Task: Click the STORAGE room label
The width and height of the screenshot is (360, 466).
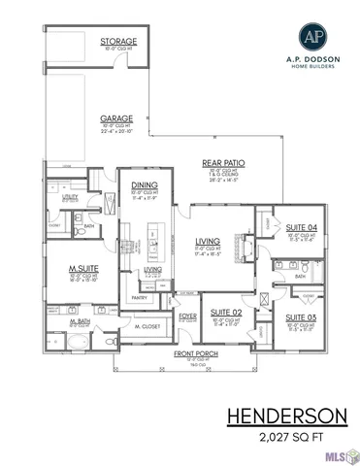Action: pos(117,42)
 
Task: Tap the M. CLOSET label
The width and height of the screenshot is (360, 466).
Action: pos(146,327)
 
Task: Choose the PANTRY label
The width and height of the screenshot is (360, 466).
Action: pos(139,298)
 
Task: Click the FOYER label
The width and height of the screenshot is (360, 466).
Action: pos(187,315)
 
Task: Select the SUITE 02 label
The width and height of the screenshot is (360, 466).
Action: pos(226,313)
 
